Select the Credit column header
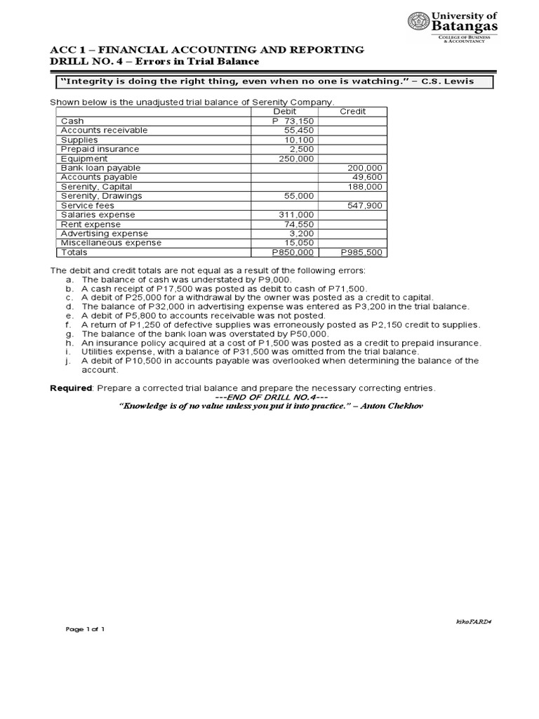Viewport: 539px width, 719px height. coord(352,112)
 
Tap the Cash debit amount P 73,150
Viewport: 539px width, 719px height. coord(294,121)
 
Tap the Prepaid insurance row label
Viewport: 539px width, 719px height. coord(100,149)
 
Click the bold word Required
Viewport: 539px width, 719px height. coord(72,388)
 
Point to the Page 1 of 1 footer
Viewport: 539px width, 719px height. coord(85,629)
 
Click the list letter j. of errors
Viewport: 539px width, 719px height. coord(69,361)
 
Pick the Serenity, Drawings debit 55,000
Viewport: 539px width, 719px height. coord(301,196)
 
